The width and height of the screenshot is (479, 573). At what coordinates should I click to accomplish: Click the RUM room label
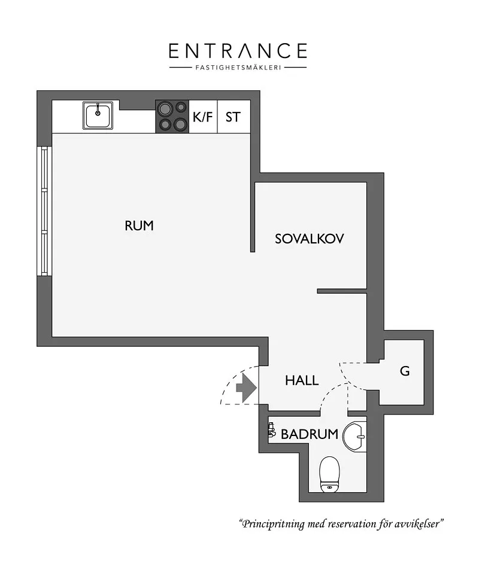point(139,225)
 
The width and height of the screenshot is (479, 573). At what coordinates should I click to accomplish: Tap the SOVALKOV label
point(309,239)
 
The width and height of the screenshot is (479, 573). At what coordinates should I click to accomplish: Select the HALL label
point(302,380)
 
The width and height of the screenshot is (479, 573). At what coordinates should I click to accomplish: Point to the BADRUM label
point(309,434)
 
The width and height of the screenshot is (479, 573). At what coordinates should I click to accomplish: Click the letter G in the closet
point(405,371)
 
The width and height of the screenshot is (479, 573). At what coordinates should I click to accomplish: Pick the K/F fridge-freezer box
point(203,117)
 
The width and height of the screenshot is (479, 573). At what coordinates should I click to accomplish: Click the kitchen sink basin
point(98,115)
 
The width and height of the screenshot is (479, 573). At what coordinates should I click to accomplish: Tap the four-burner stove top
point(172,117)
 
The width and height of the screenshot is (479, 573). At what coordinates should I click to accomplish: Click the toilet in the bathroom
point(330,474)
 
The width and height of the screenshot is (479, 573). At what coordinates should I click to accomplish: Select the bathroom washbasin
point(354,436)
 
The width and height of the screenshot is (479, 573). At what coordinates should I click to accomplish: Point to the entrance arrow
point(246,388)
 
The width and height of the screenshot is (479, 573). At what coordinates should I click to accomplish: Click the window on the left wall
point(44,211)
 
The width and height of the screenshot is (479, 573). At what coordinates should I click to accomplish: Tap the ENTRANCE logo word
point(238,51)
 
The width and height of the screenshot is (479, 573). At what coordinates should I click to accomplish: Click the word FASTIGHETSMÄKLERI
point(238,68)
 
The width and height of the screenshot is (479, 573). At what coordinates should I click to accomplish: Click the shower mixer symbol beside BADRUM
point(271,429)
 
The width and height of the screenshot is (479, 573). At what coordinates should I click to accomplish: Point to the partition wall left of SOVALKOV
point(253,217)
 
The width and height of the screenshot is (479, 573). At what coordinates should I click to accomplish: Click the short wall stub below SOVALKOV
point(342,291)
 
